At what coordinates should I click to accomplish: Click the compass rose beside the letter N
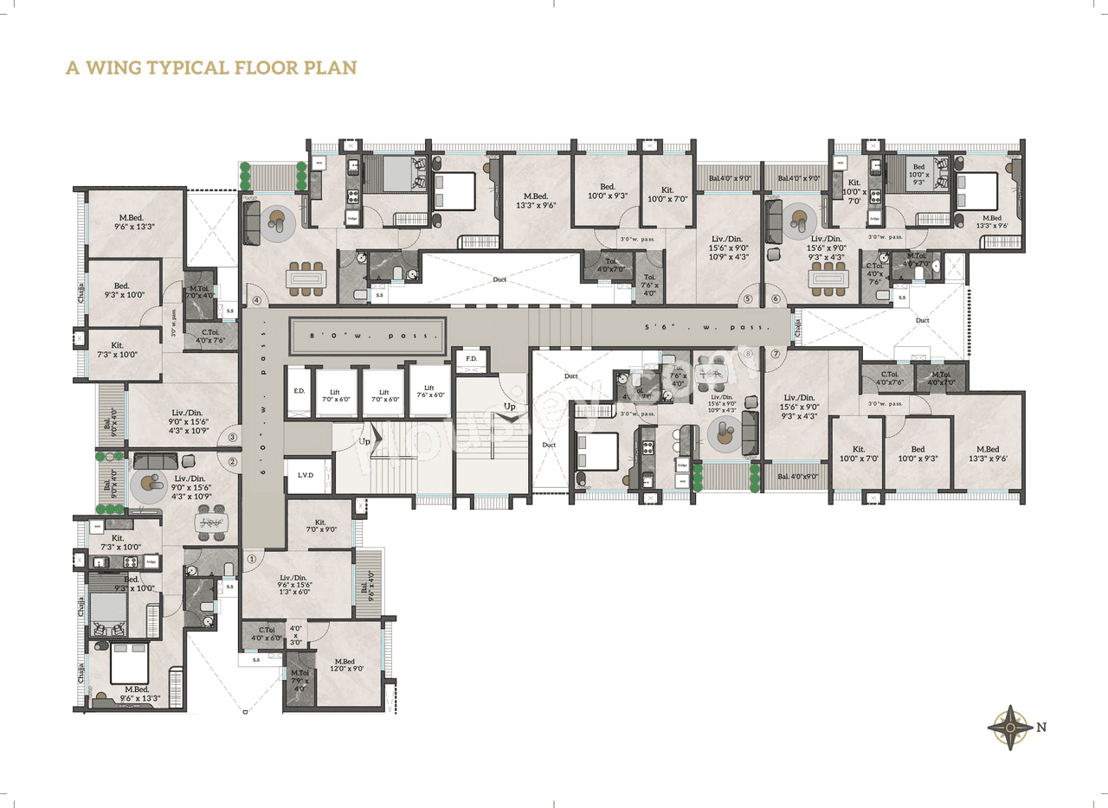pyautogui.click(x=1009, y=728)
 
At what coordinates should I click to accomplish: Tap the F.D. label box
pyautogui.click(x=472, y=359)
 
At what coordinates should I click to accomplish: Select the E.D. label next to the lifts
pyautogui.click(x=300, y=392)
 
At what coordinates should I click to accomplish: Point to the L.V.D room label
pyautogui.click(x=305, y=476)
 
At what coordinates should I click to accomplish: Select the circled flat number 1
pyautogui.click(x=252, y=559)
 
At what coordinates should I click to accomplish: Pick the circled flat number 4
pyautogui.click(x=256, y=301)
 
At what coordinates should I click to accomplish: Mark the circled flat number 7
pyautogui.click(x=776, y=354)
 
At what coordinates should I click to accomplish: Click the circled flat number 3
pyautogui.click(x=232, y=438)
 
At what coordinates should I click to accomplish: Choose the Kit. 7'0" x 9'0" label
pyautogui.click(x=320, y=526)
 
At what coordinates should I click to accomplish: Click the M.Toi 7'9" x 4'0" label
pyautogui.click(x=300, y=679)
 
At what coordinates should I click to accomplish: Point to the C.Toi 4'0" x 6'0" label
pyautogui.click(x=260, y=633)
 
